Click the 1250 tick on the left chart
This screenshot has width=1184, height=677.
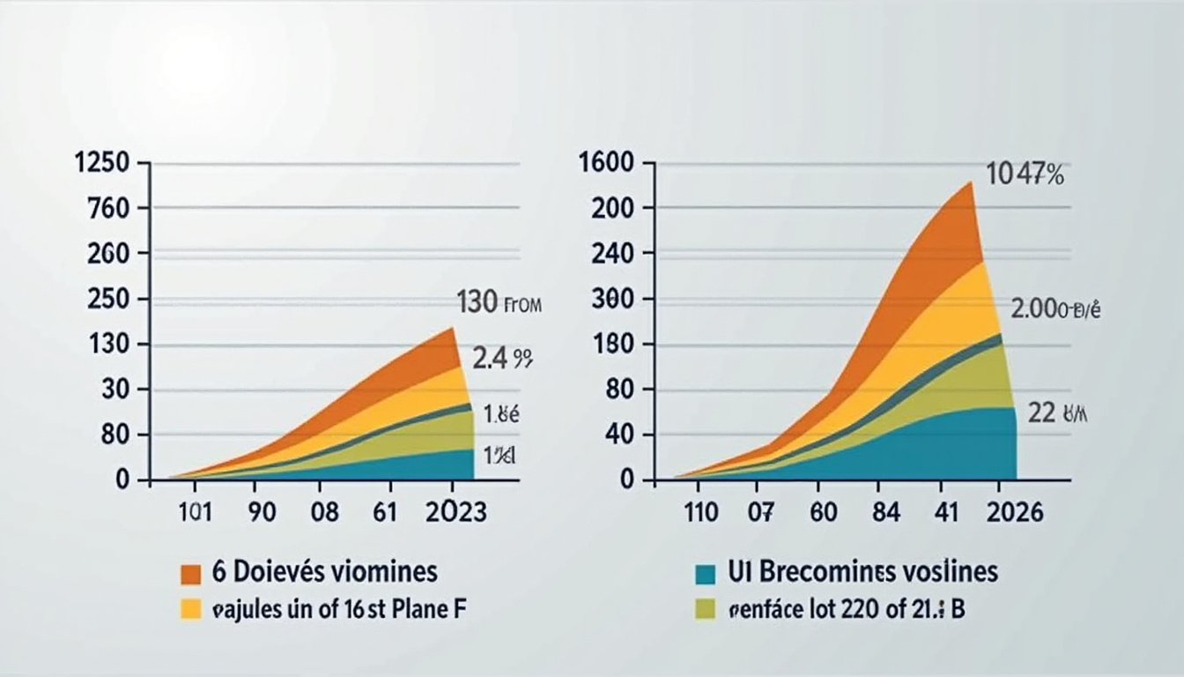(104, 163)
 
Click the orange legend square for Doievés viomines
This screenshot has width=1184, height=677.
(191, 574)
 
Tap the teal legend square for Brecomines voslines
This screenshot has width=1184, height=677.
(705, 574)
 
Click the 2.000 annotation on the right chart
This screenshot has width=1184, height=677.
(1055, 310)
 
